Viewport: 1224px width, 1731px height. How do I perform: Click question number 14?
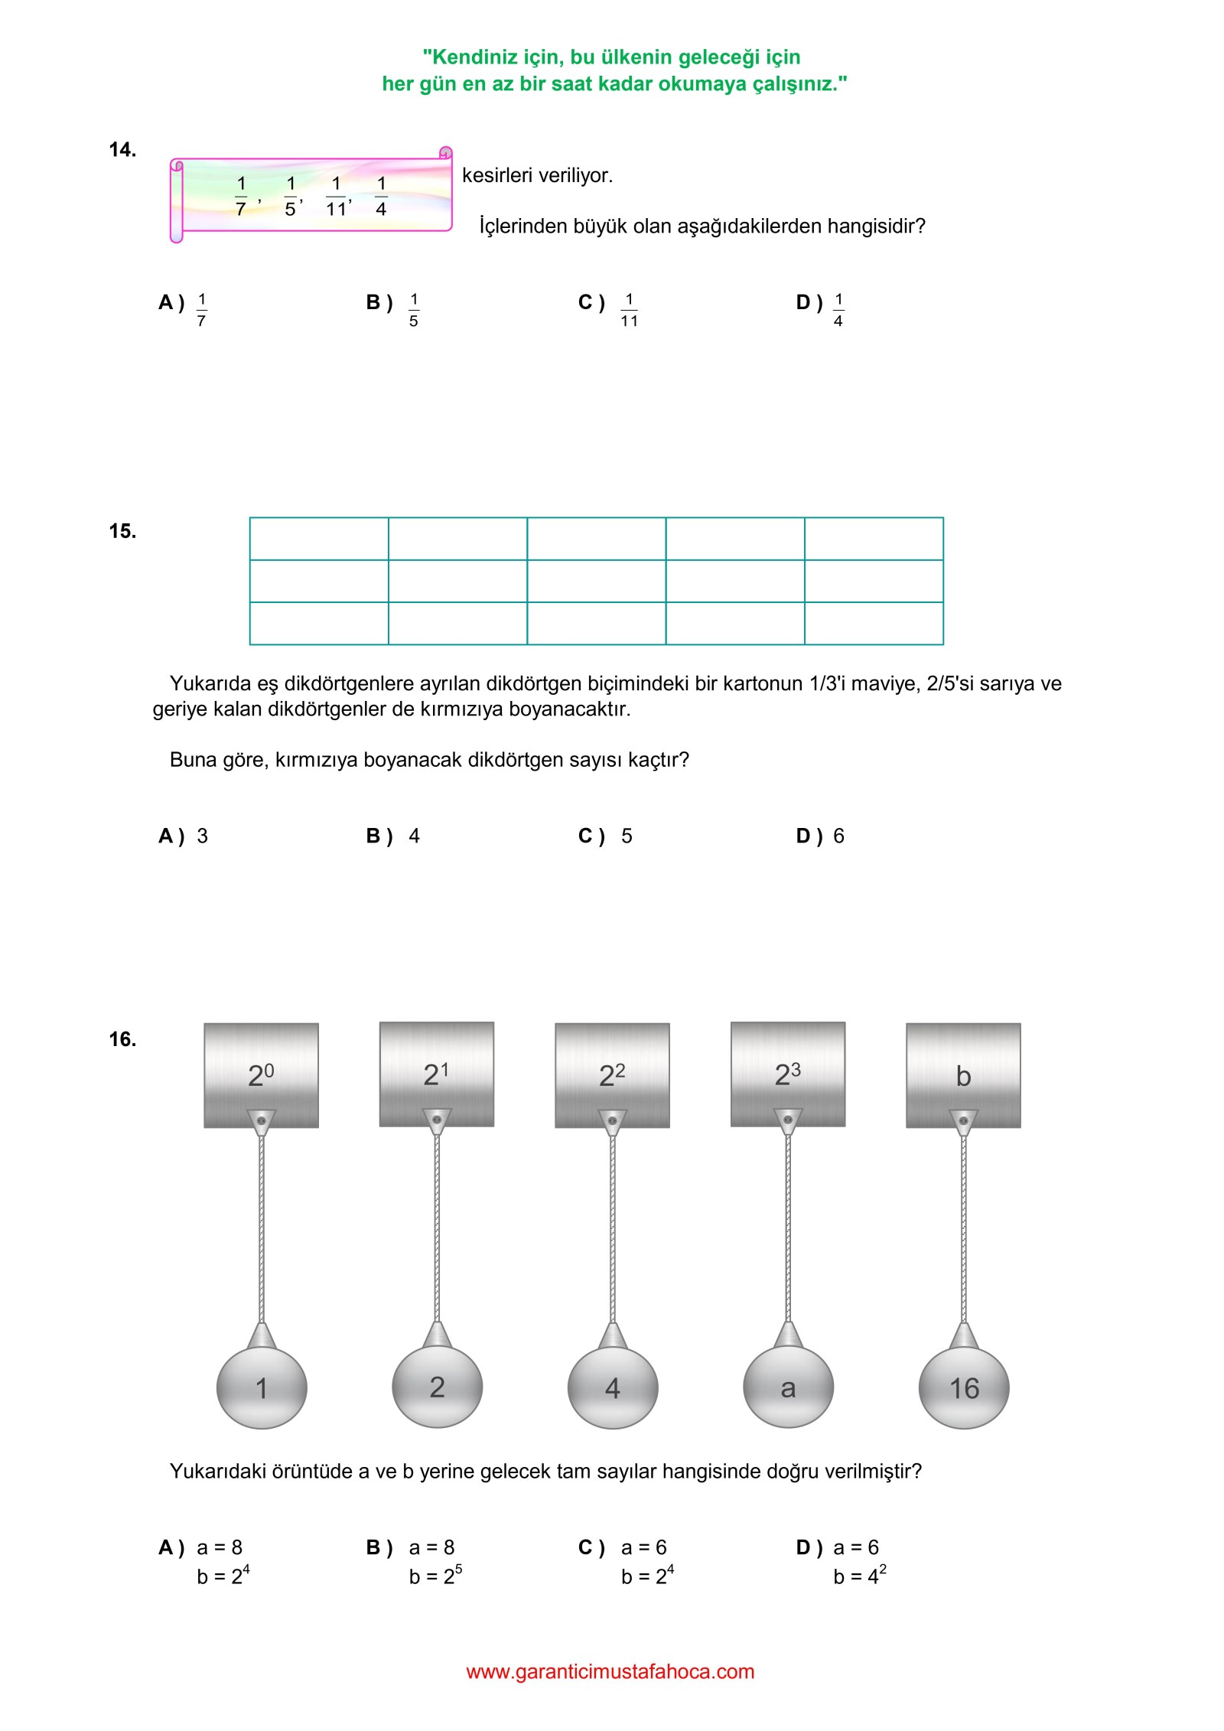point(122,150)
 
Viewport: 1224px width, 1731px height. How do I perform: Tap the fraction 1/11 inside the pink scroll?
point(337,197)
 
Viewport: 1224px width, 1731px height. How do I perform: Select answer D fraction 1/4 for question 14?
point(838,309)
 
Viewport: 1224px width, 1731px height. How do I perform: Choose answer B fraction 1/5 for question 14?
point(413,309)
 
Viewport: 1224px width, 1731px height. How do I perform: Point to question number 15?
point(122,531)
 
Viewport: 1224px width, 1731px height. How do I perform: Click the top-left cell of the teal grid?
point(319,539)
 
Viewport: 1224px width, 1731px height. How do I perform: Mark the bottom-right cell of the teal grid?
point(874,623)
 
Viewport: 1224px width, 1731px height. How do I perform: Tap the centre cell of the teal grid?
point(596,581)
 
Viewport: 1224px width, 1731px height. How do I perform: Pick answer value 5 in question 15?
point(627,836)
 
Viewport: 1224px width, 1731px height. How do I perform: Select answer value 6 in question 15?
point(838,836)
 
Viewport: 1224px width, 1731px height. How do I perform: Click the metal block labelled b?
point(963,1074)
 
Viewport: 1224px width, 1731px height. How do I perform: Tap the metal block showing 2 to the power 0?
point(261,1074)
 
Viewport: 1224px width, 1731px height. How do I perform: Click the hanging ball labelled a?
point(788,1387)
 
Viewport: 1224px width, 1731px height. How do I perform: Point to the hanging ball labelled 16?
point(964,1387)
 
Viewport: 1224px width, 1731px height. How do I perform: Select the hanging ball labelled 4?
point(613,1387)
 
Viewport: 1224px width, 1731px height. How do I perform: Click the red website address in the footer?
point(610,1671)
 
